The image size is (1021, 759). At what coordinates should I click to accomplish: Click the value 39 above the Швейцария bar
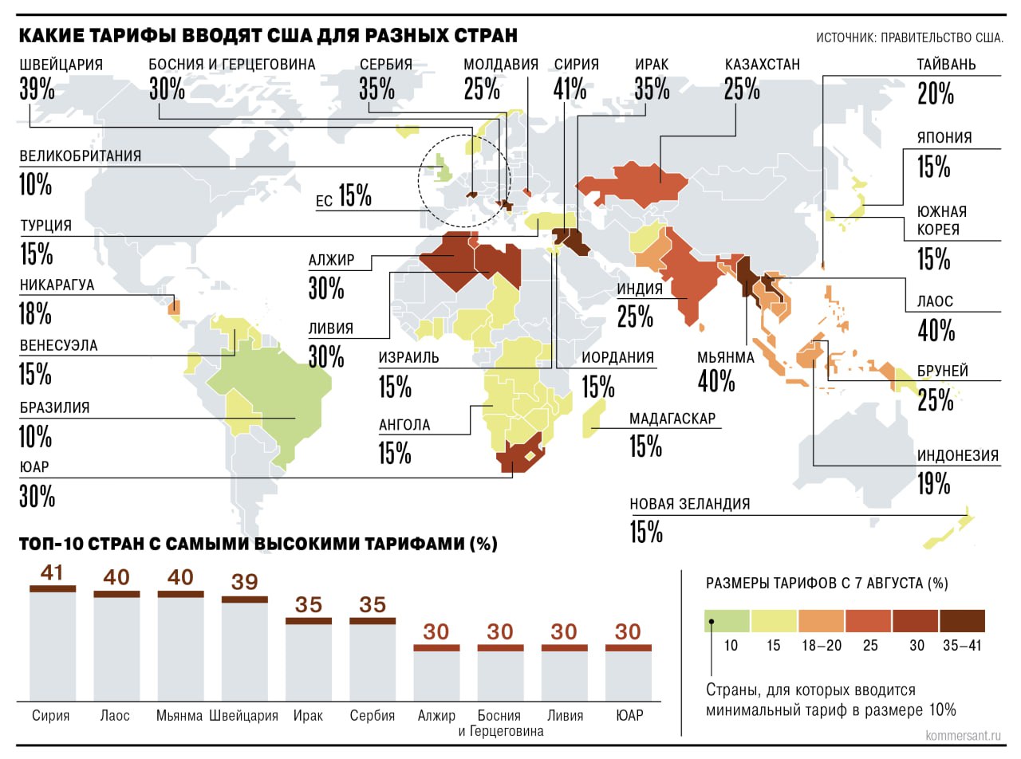[x=245, y=581]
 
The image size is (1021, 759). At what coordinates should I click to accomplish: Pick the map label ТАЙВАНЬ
[x=946, y=65]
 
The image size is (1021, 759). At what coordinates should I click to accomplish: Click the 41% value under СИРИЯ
[x=570, y=89]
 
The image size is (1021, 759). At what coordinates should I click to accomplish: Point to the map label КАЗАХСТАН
[x=762, y=65]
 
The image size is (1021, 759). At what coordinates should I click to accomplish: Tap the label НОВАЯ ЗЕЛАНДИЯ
[x=690, y=504]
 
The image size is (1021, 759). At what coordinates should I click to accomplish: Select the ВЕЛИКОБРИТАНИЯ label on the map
[x=81, y=156]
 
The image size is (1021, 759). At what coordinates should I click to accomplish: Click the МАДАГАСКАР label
[x=672, y=419]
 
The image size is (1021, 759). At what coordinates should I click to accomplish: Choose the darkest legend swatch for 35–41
[x=962, y=620]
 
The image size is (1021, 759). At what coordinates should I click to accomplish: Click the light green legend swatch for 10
[x=727, y=620]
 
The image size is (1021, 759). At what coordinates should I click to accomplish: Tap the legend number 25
[x=872, y=646]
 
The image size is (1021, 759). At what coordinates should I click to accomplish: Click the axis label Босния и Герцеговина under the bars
[x=499, y=723]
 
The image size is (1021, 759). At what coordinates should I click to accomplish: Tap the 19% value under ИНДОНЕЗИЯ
[x=933, y=482]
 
